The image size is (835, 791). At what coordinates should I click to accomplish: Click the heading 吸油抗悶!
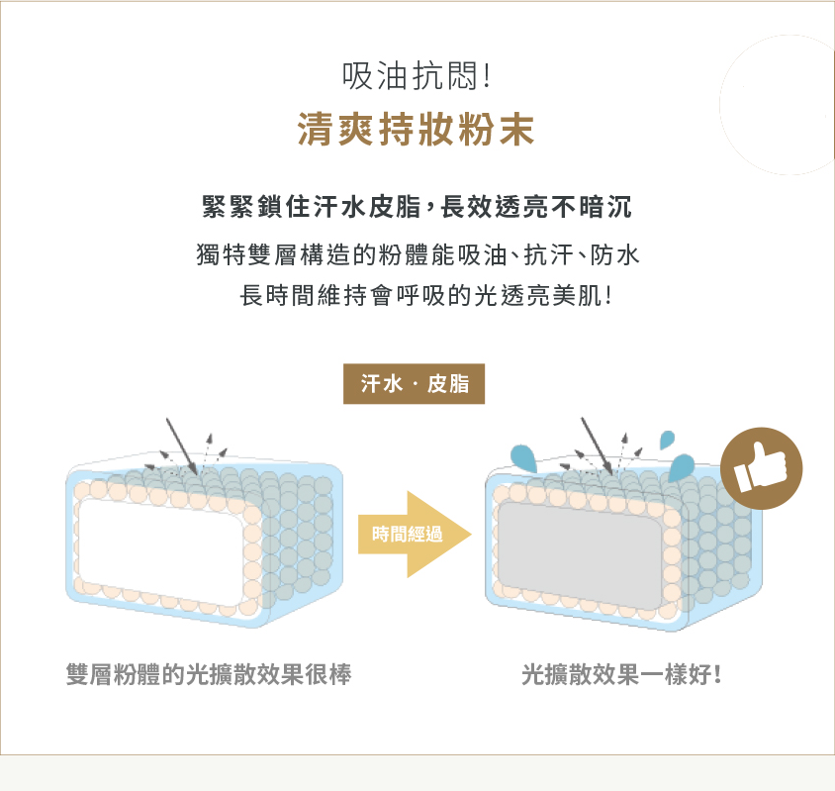click(x=416, y=75)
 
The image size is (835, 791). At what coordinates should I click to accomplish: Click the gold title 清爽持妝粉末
click(x=416, y=130)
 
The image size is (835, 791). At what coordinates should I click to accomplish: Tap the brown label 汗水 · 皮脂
click(x=414, y=384)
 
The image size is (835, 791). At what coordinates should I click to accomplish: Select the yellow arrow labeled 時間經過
click(x=415, y=534)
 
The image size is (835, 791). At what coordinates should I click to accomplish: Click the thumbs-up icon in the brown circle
click(x=761, y=468)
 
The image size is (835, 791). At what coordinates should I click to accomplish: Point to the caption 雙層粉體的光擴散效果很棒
click(x=209, y=674)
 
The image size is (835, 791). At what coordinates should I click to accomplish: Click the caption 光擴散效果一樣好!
click(x=621, y=674)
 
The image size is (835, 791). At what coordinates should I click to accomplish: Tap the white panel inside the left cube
click(x=162, y=551)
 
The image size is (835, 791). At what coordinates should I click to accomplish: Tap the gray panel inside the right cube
click(x=581, y=554)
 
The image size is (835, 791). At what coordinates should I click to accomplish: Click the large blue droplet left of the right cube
click(x=523, y=458)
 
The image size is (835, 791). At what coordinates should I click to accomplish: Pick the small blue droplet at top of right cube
click(x=667, y=440)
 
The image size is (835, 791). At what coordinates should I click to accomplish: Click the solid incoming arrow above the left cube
click(x=182, y=446)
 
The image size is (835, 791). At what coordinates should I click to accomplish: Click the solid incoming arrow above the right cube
click(x=597, y=446)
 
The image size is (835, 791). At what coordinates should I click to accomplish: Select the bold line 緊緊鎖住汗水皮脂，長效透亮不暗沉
click(x=417, y=207)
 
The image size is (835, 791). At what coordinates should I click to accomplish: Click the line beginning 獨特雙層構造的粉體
click(x=417, y=254)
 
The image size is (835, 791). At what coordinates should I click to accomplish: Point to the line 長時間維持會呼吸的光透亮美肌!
click(x=426, y=295)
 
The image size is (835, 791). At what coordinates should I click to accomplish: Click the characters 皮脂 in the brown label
click(x=448, y=384)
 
